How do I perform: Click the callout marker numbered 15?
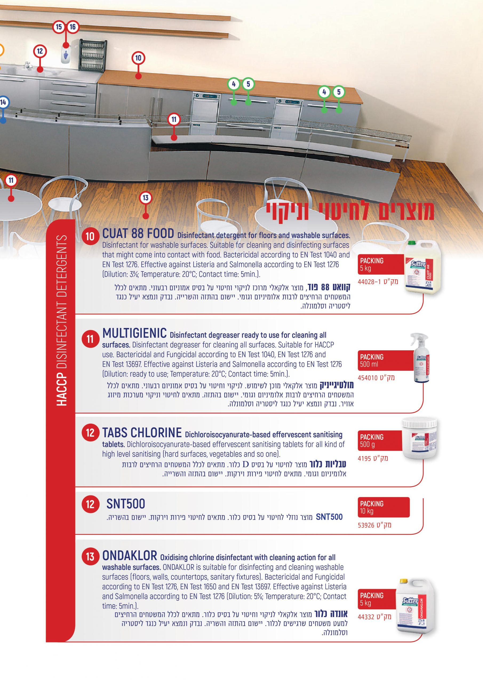[59, 27]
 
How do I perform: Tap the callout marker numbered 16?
[73, 27]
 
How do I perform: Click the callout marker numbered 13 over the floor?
[145, 198]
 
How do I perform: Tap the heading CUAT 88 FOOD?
[138, 233]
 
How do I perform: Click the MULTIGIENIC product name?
[134, 333]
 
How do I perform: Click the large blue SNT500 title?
[126, 504]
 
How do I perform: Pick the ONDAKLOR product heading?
[130, 555]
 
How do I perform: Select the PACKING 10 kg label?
[383, 507]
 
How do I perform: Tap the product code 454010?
[376, 378]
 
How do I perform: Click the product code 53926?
[374, 525]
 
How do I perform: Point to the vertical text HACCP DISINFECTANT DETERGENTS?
[62, 320]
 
